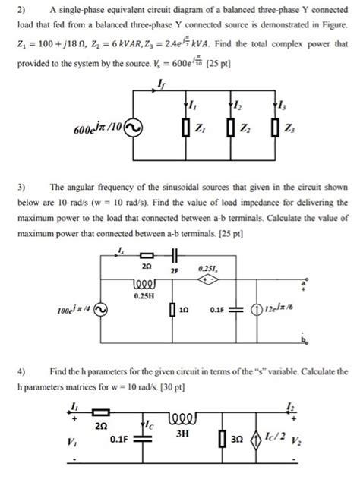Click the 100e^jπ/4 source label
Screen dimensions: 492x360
click(73, 311)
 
